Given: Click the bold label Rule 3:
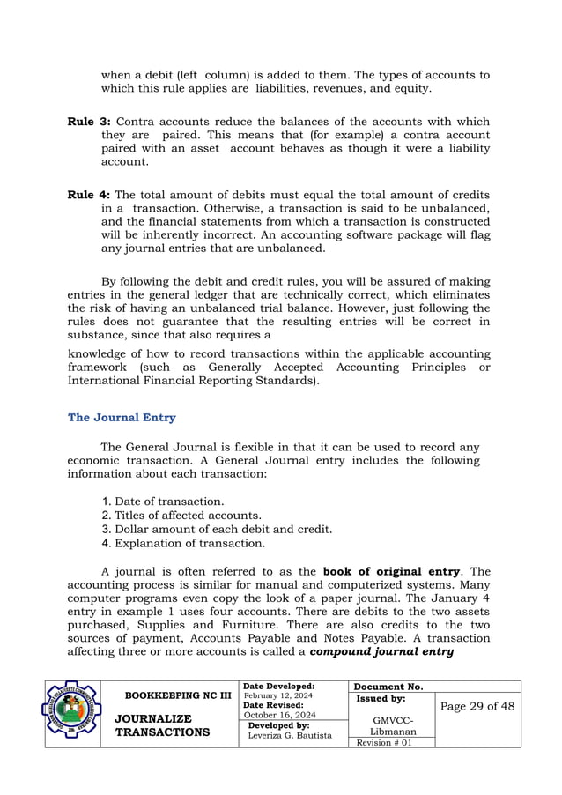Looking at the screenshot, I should (x=89, y=120).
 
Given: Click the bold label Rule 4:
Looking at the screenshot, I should (x=89, y=194).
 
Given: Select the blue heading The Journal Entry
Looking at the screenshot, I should (x=122, y=418).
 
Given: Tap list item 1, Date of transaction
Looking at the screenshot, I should (x=162, y=501).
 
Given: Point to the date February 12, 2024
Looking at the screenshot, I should (x=277, y=695).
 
